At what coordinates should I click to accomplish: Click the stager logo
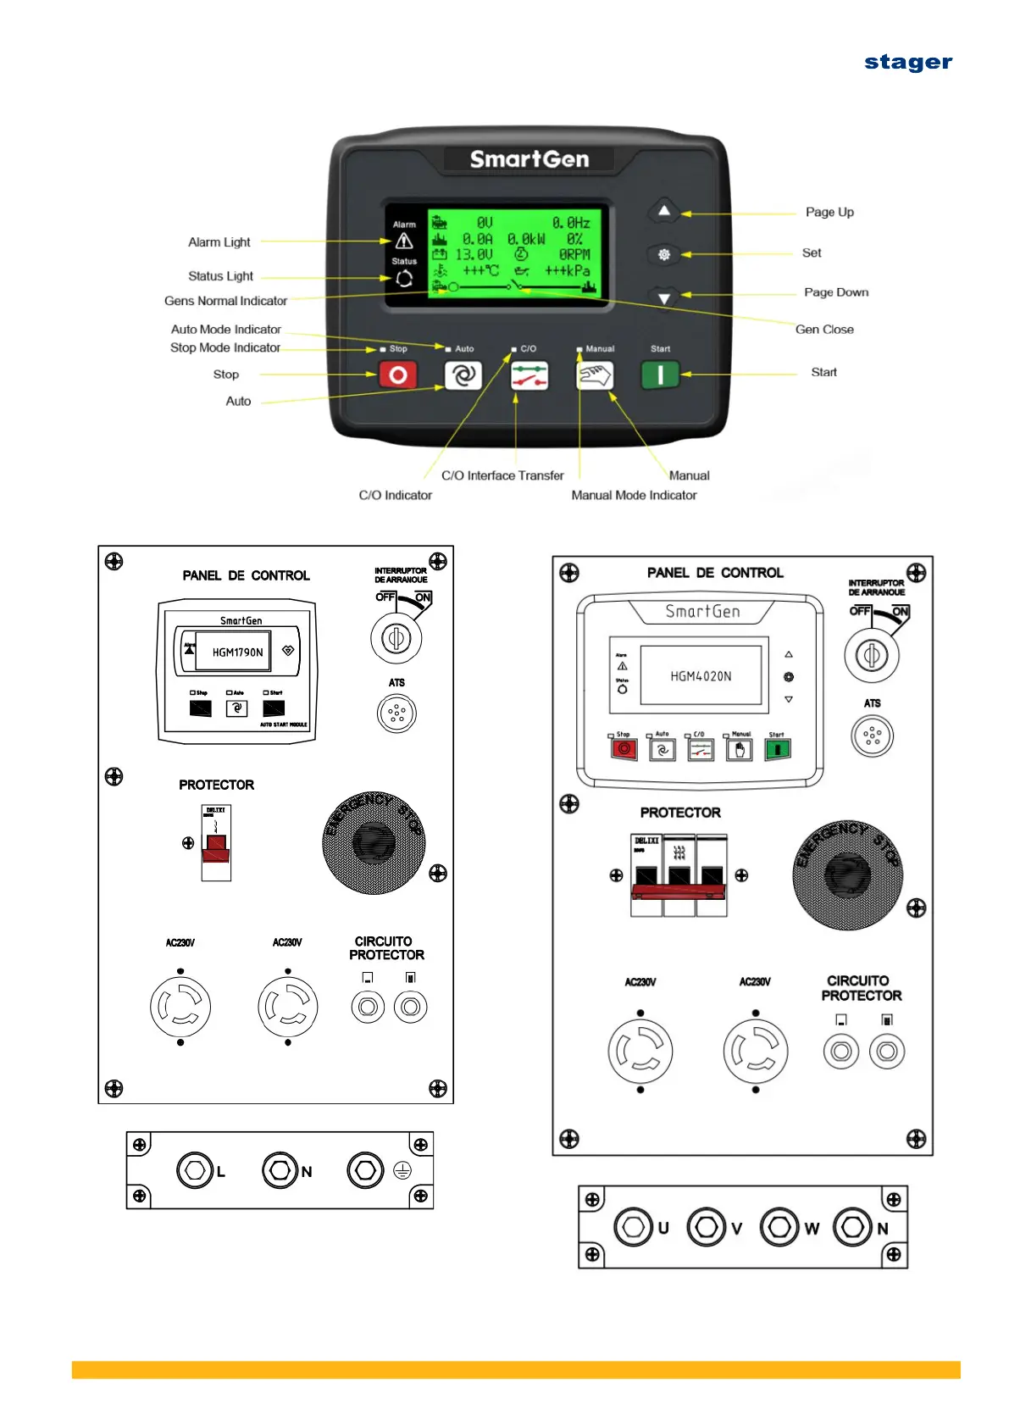pos(907,63)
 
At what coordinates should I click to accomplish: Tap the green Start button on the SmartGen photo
pos(660,375)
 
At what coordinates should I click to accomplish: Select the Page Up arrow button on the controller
pos(664,211)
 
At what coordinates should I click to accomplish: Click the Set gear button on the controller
pos(664,254)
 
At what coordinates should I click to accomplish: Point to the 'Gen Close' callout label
pos(823,330)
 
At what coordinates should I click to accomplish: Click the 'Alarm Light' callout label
pos(219,242)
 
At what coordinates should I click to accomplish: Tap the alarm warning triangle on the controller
pos(404,242)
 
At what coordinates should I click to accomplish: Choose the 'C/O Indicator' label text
pos(395,496)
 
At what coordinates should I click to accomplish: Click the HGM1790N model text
pos(237,652)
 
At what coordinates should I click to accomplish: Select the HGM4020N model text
pos(701,676)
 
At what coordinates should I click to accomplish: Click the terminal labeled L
pos(194,1170)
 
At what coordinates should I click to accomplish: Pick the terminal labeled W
pos(779,1227)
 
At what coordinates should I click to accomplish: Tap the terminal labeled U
pos(633,1227)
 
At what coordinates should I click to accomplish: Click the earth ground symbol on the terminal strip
pos(402,1171)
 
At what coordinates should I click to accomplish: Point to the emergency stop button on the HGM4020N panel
pos(847,875)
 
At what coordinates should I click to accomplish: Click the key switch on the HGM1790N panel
pos(396,638)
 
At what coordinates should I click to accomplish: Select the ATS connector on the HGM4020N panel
pos(872,736)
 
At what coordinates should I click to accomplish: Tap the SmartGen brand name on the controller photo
pos(529,159)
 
